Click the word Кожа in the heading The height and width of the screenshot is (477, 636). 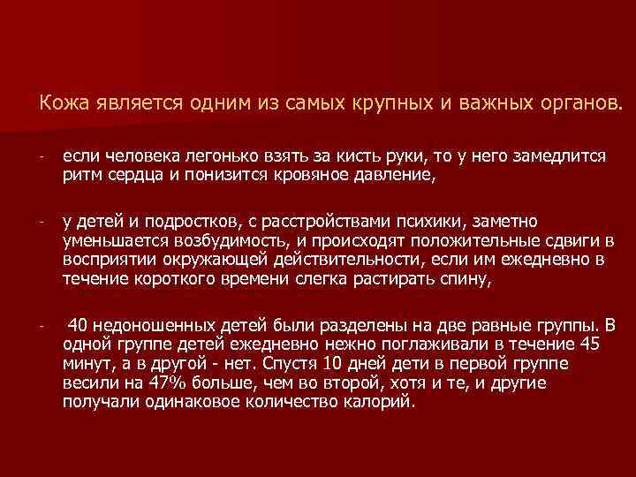tap(59, 104)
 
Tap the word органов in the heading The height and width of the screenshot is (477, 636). tap(573, 104)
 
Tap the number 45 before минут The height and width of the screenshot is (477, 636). tap(594, 344)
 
